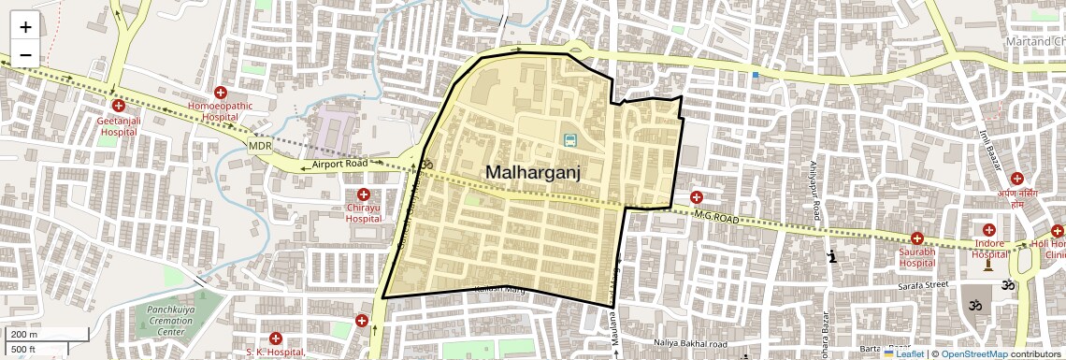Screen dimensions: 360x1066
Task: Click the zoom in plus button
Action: (25, 28)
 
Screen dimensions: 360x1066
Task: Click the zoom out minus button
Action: (25, 54)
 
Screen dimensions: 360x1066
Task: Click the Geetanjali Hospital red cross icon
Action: (118, 107)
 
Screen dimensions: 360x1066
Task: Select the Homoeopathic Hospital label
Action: (221, 112)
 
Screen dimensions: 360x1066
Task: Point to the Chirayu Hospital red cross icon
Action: (364, 194)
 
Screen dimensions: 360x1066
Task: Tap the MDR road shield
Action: (259, 147)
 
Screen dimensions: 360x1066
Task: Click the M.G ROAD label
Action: (716, 217)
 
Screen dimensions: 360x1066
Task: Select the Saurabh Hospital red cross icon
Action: (916, 238)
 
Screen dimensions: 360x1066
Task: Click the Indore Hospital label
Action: (989, 249)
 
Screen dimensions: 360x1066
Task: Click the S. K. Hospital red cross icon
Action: (275, 338)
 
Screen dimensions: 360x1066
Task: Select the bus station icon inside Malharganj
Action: (569, 140)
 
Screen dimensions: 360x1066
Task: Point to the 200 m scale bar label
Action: (22, 334)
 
